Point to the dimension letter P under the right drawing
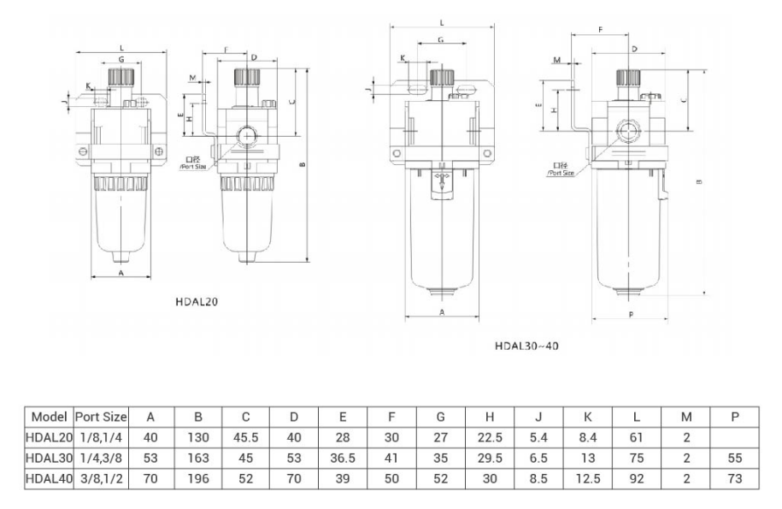click(631, 315)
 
